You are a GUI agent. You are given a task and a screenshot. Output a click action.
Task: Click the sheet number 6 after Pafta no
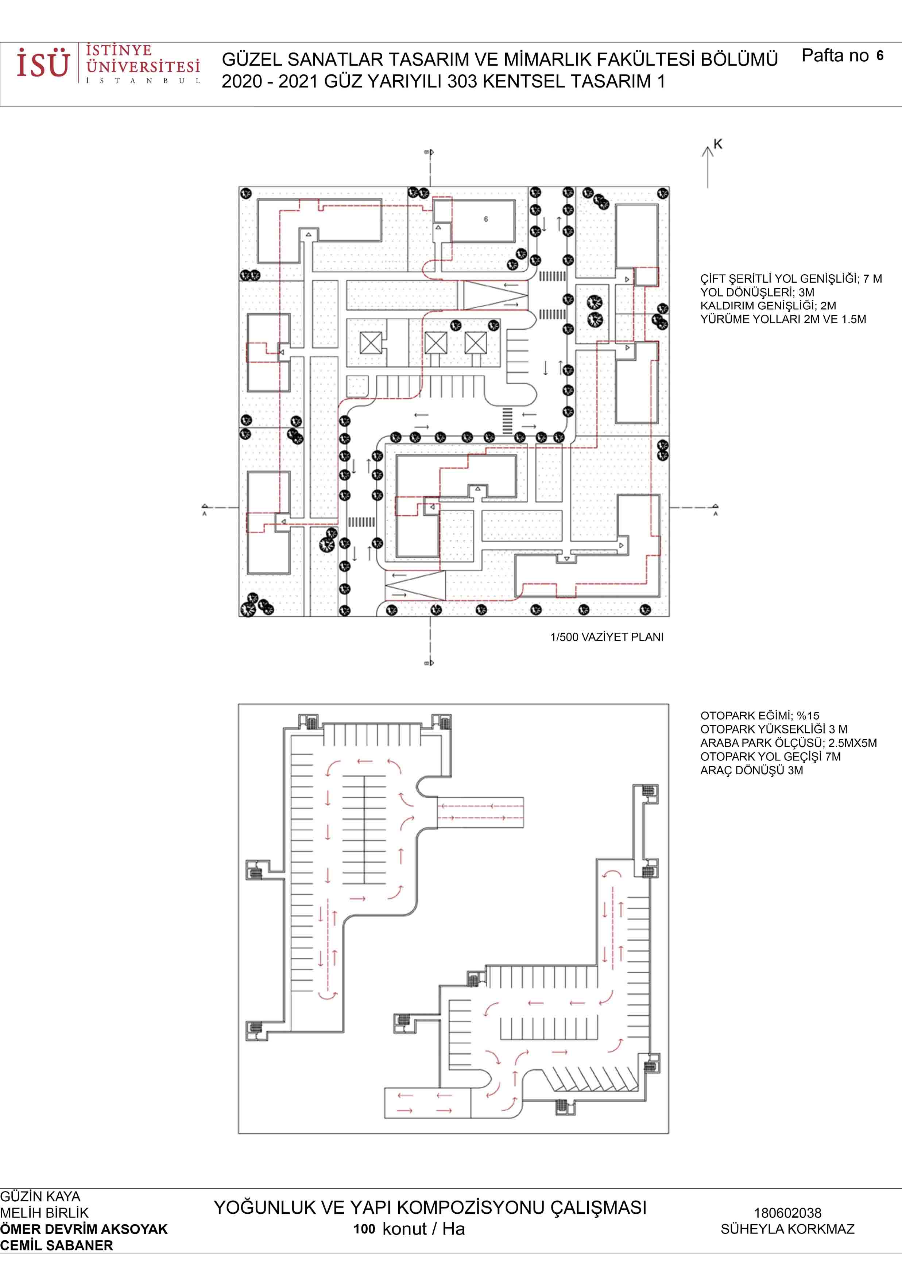point(880,55)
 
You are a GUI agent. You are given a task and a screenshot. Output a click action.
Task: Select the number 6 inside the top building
point(486,219)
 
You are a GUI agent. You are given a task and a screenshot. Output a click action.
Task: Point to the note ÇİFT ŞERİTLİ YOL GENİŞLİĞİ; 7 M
point(791,279)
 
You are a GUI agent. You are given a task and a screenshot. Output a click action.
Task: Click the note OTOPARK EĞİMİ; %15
point(759,716)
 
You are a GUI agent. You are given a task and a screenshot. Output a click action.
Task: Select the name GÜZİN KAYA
point(40,1197)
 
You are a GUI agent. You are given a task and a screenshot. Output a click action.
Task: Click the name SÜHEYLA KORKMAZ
point(787,1229)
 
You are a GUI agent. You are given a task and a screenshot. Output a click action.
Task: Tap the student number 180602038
point(787,1213)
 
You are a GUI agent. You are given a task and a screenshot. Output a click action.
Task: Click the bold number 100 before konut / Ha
point(364,1229)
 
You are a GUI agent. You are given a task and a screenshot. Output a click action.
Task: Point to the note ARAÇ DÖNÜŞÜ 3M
point(751,770)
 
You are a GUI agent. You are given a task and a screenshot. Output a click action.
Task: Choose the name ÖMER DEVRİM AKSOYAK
point(84,1229)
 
